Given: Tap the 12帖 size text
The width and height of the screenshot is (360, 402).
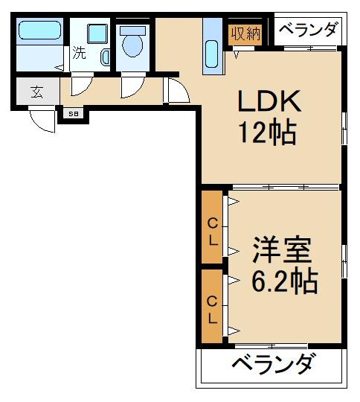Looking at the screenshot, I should click(x=267, y=133).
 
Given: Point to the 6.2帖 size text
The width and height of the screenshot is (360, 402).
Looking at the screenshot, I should click(x=284, y=281).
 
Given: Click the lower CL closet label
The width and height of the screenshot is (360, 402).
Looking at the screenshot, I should click(x=213, y=310).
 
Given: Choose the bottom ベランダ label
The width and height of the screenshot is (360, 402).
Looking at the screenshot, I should click(x=272, y=366).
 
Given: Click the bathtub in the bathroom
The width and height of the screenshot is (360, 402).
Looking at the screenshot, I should click(x=41, y=31).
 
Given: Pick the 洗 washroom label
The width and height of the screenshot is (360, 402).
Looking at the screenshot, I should click(x=79, y=54).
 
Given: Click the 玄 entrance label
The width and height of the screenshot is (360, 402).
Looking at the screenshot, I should click(x=36, y=93).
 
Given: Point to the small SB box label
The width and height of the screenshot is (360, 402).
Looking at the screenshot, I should click(x=73, y=114).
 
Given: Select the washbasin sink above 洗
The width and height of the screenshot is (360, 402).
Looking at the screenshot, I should click(x=97, y=33).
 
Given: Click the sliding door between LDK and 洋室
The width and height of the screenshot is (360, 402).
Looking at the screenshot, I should click(x=272, y=186).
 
